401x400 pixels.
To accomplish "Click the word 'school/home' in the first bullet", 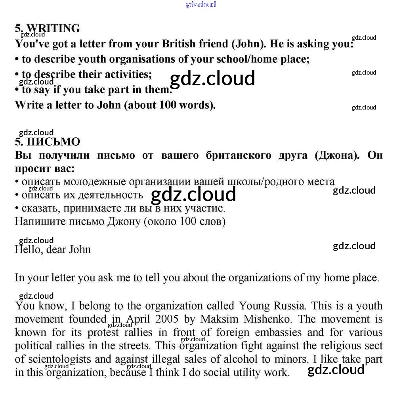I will (x=249, y=59).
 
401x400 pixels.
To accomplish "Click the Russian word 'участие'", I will (x=206, y=208).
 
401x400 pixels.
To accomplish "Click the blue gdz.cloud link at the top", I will (x=200, y=4).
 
